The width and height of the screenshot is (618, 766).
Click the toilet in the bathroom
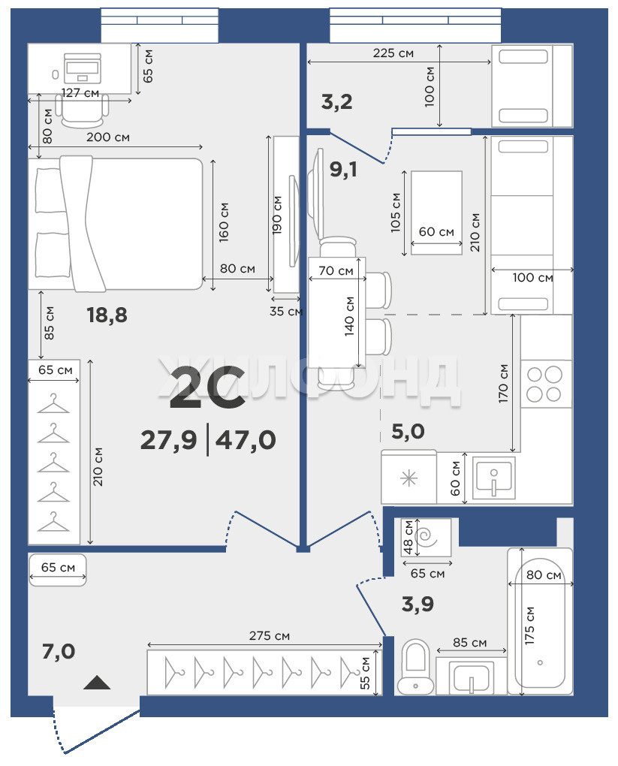[415, 667]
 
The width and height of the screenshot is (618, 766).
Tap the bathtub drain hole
[540, 662]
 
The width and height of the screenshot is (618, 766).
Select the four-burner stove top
[545, 384]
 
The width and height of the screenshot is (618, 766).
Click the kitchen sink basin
[493, 478]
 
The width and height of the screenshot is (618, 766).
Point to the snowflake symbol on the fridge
[409, 479]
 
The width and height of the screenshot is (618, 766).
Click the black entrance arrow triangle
[97, 683]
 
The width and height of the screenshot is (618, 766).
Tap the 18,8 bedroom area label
[107, 315]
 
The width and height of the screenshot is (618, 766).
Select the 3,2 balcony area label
[336, 102]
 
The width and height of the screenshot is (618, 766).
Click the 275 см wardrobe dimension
[269, 635]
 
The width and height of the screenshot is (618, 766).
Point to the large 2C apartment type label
[207, 388]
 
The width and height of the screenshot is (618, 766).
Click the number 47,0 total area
[246, 440]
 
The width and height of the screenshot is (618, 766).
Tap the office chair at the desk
[82, 110]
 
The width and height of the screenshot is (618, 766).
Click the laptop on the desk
[82, 68]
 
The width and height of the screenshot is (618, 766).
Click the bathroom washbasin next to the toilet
[471, 677]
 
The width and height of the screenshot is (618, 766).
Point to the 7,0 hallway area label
[59, 652]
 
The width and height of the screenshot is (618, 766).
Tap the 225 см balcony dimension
[393, 53]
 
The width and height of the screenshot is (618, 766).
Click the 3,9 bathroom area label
[418, 605]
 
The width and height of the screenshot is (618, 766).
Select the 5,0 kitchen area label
[408, 431]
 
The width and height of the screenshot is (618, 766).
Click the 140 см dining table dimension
[349, 316]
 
